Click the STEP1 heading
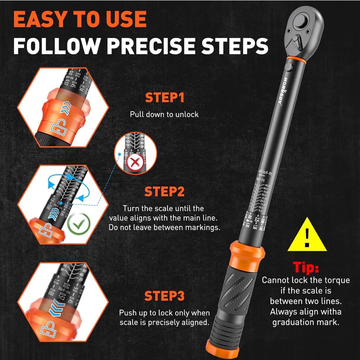tap(165, 98)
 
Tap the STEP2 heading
tap(164, 192)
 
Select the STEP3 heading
tap(164, 296)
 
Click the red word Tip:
tap(306, 267)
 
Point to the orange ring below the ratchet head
tap(296, 60)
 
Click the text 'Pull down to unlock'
tap(164, 114)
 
